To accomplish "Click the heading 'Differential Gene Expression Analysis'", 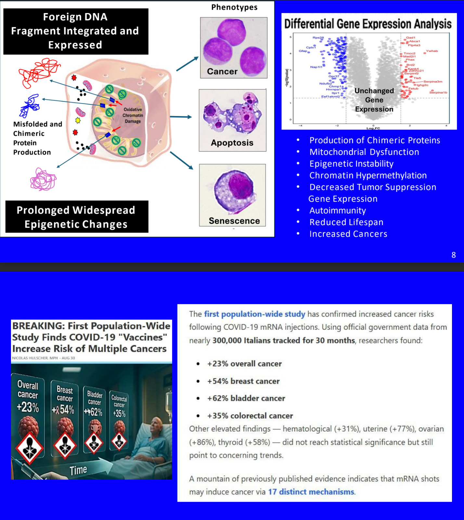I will (x=368, y=24).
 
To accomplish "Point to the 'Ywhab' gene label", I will (x=432, y=51).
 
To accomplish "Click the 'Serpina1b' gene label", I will (x=438, y=93).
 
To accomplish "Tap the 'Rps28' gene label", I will (x=318, y=38).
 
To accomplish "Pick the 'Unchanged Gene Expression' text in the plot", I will (x=374, y=100).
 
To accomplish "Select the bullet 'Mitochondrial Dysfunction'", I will (x=364, y=152).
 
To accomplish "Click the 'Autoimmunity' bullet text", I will (x=338, y=211).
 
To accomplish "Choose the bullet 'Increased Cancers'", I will (x=348, y=234).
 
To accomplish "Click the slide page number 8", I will (x=454, y=255).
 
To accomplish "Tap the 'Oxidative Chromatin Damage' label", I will (x=133, y=115).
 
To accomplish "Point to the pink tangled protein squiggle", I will (x=43, y=179).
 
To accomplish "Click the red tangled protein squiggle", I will (x=38, y=72).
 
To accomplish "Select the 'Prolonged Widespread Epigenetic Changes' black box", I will (x=77, y=217).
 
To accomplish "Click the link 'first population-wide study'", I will (x=254, y=314).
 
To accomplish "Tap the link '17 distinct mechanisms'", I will (x=311, y=492).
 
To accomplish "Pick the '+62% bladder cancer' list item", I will (x=246, y=398).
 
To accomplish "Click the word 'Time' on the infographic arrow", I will (x=78, y=470).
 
